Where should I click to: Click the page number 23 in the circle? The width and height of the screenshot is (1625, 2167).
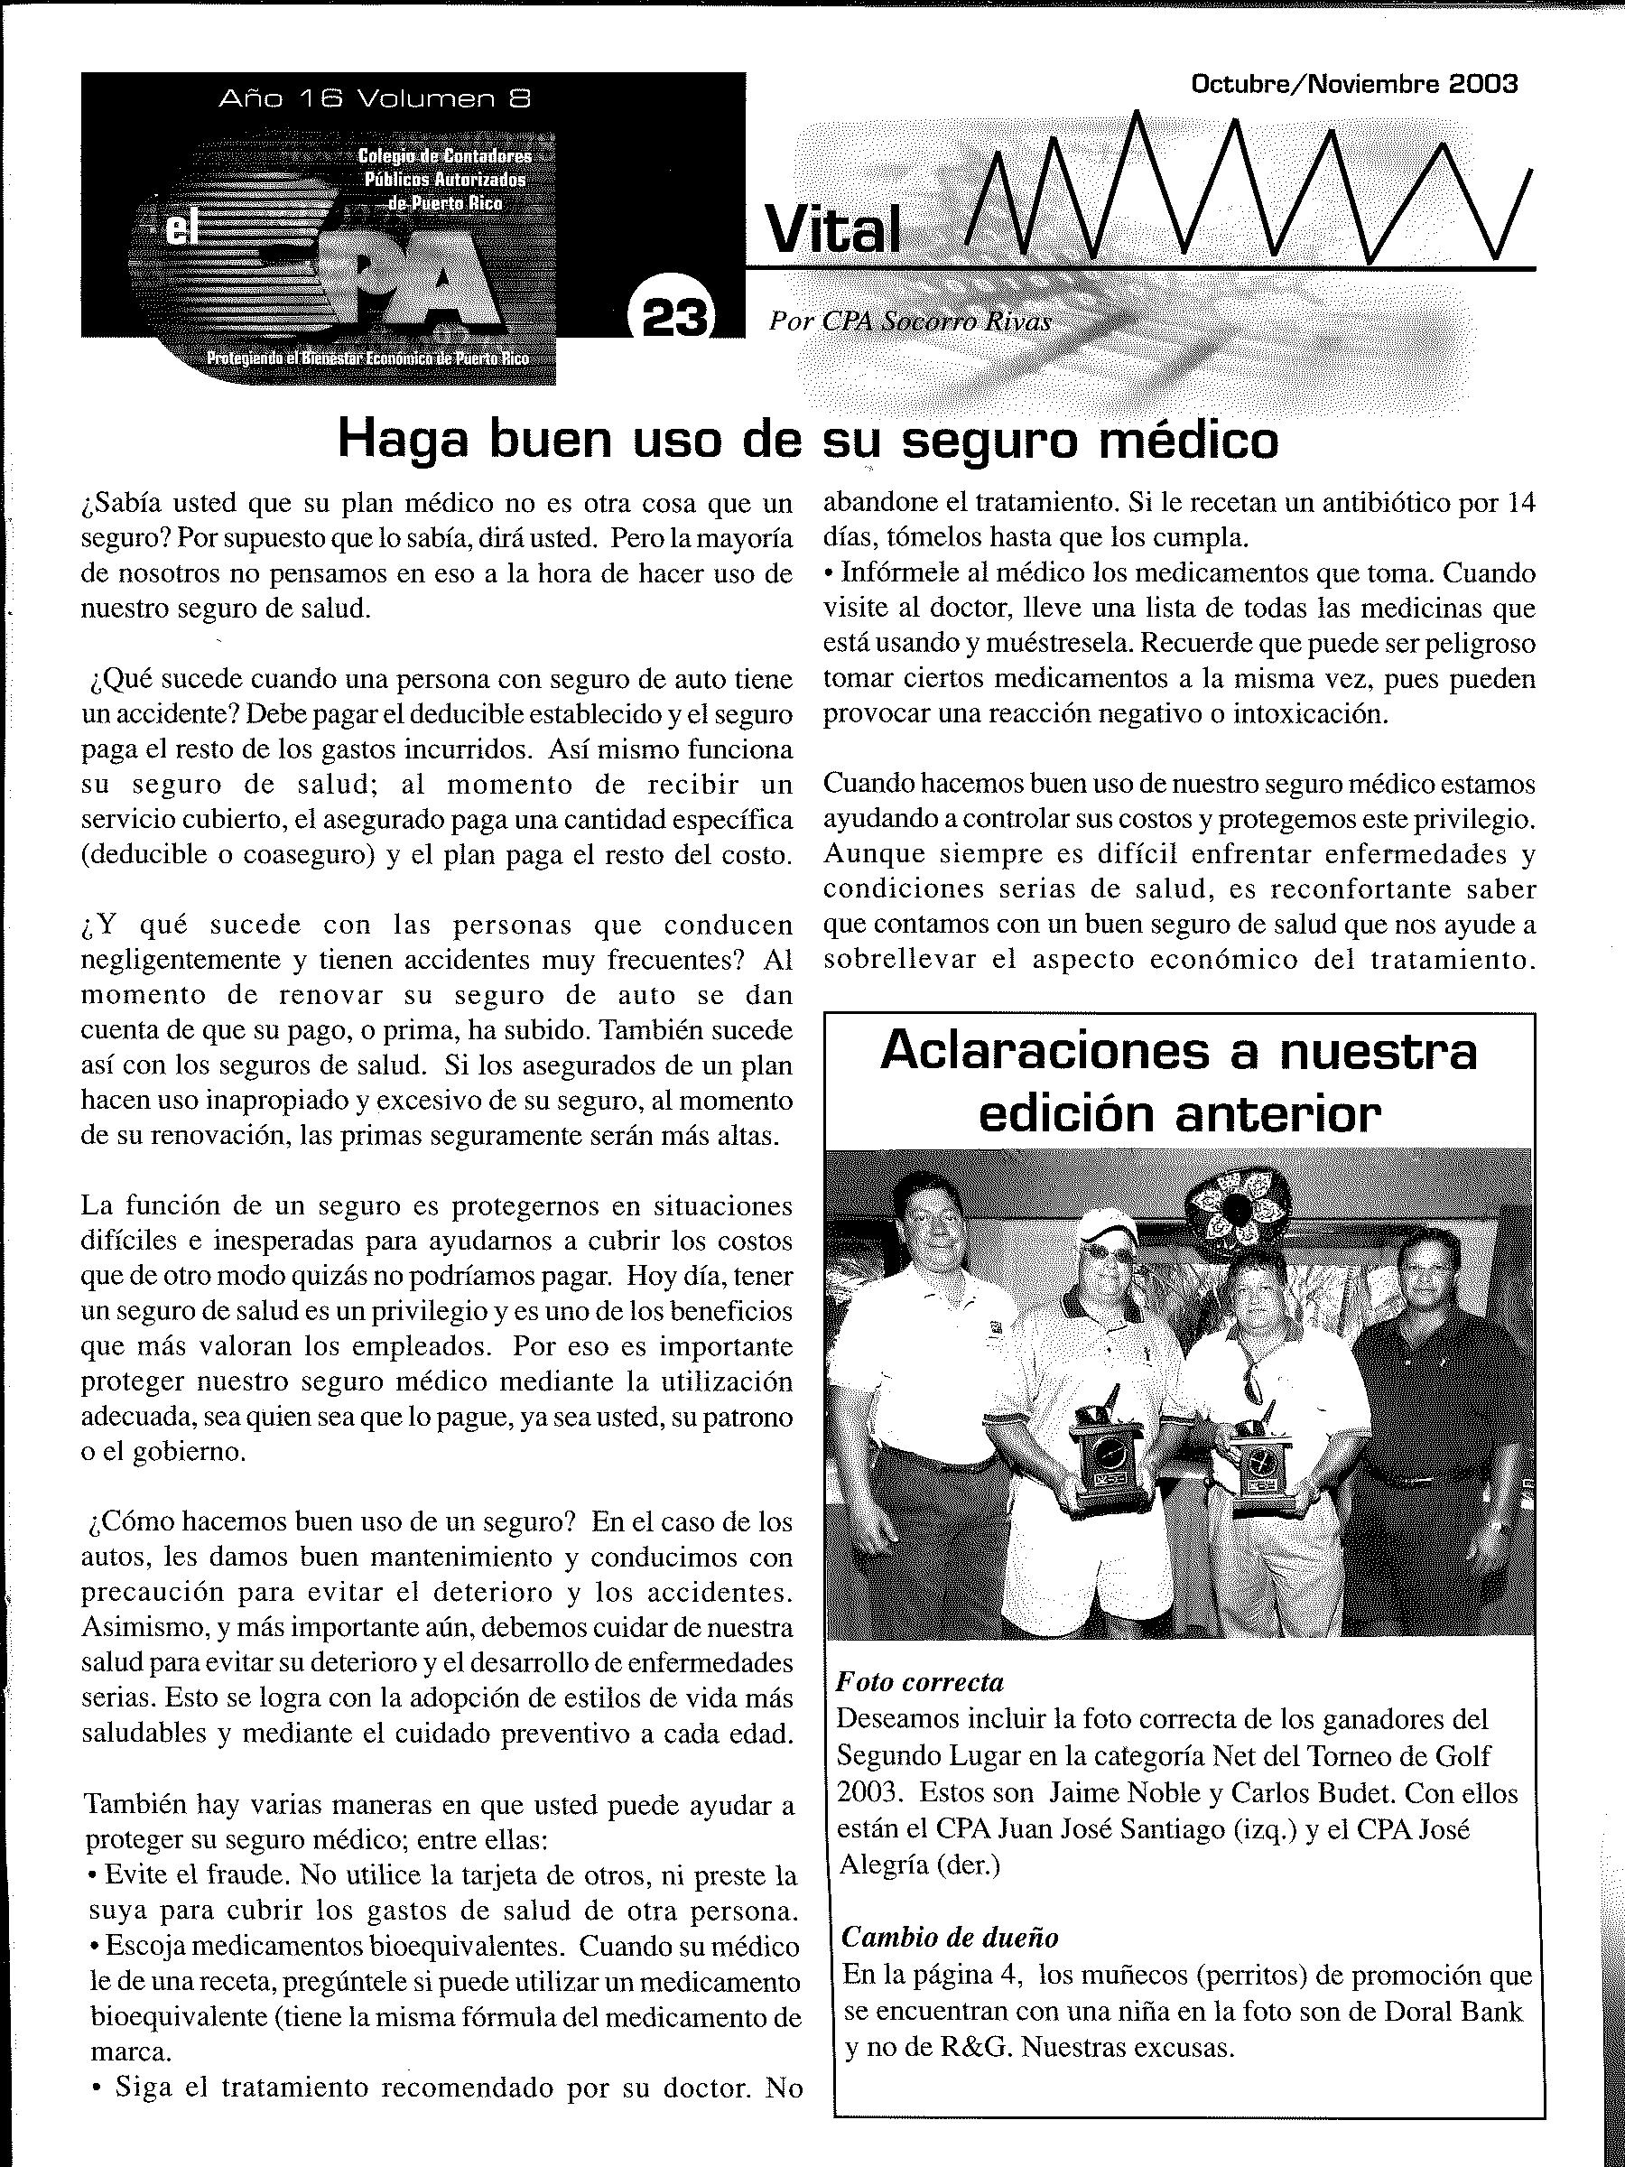coord(673,315)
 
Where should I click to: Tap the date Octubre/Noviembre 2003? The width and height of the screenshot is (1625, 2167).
coord(1353,84)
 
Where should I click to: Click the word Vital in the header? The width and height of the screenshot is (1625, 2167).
coord(832,232)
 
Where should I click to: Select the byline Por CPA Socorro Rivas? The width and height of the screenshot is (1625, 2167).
coord(910,321)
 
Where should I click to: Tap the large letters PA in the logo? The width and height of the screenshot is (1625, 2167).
coord(412,284)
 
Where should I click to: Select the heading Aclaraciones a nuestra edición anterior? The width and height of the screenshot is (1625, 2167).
coord(1179,1082)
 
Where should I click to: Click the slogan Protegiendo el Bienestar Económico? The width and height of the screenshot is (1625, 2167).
coord(367,358)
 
